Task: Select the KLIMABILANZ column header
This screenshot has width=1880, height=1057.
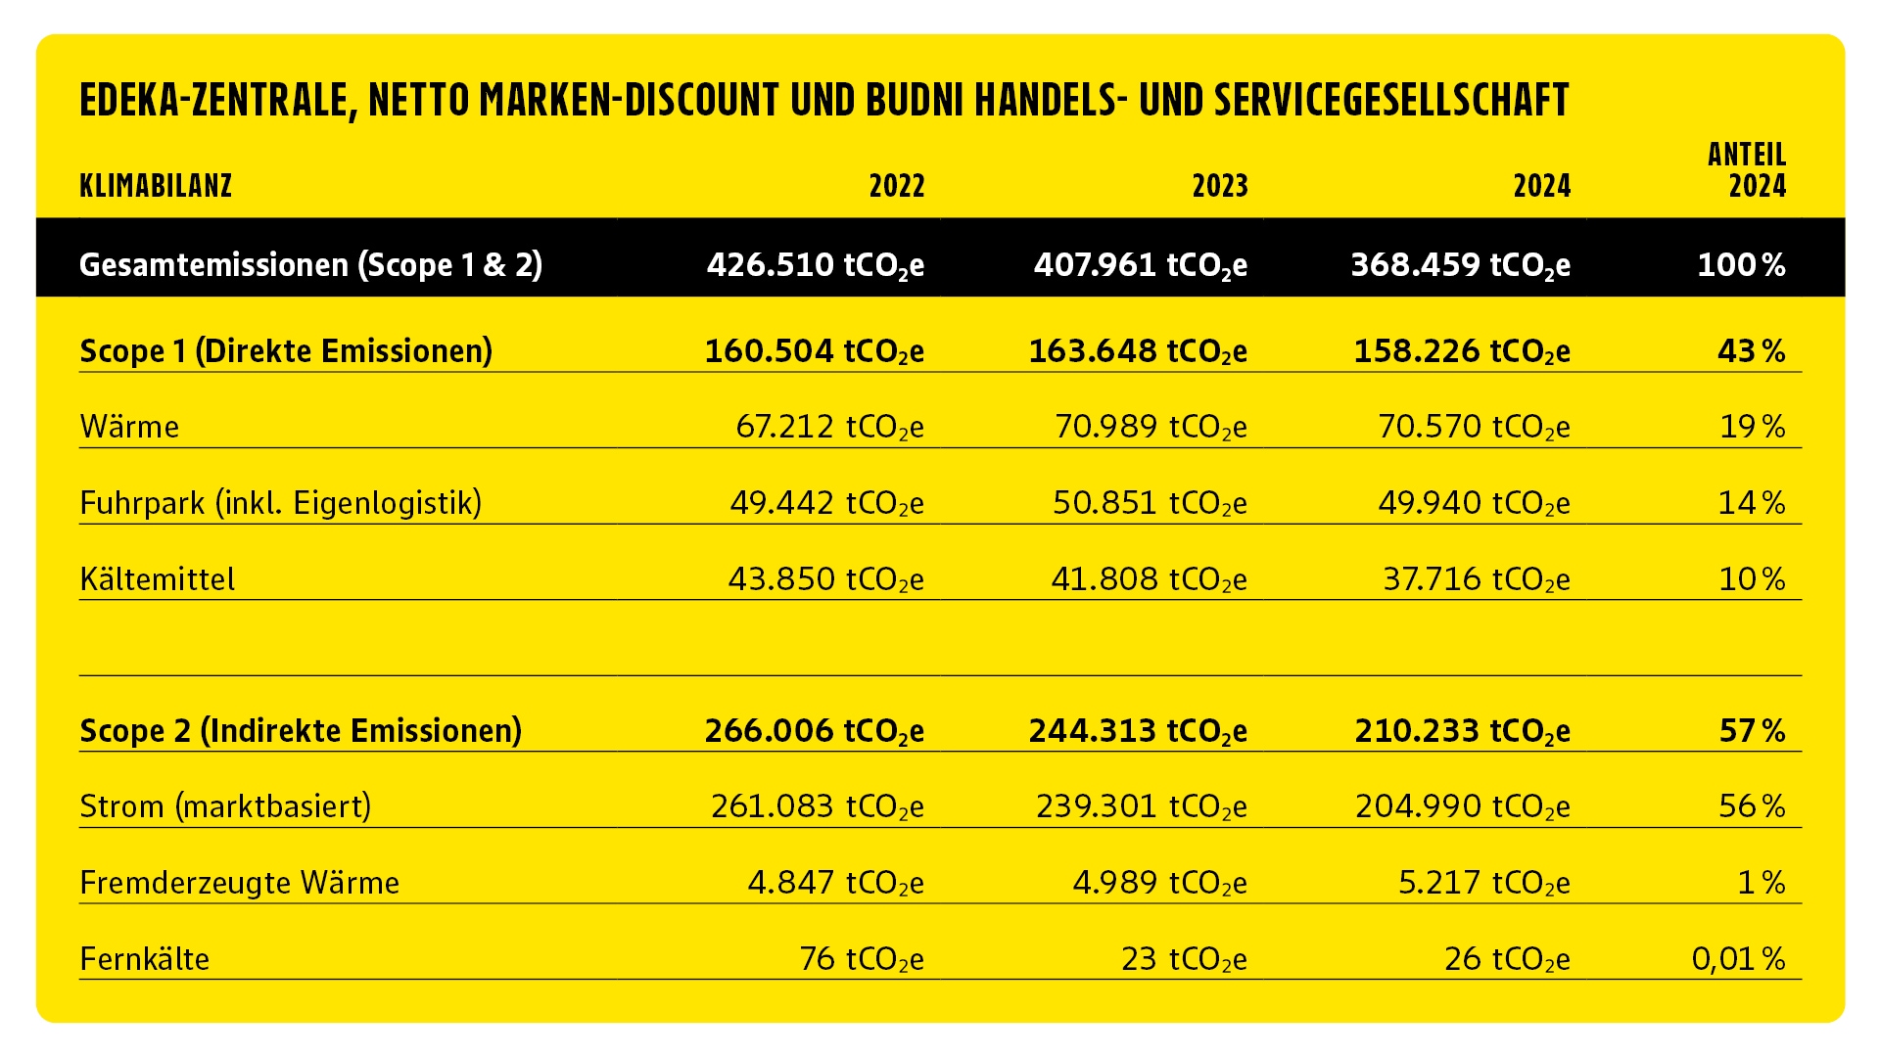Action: [156, 186]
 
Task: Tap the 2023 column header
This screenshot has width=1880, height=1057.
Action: [1220, 186]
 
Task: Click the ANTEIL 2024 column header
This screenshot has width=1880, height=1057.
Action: [1748, 170]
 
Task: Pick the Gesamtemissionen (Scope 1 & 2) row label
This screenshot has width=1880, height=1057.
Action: [311, 265]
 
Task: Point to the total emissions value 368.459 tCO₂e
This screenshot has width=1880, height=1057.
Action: [1461, 265]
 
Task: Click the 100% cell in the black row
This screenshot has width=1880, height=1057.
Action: [1742, 265]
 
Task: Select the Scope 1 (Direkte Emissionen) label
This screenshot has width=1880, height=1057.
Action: [286, 351]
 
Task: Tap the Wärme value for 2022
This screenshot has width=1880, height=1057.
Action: [829, 428]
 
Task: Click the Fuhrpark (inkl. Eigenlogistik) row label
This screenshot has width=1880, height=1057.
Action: [281, 503]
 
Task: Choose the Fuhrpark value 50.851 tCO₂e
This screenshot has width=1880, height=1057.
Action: [1150, 503]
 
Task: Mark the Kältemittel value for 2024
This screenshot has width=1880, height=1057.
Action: [1477, 579]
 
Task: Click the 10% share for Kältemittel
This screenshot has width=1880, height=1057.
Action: [1753, 579]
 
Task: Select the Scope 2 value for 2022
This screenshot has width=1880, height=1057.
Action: [815, 731]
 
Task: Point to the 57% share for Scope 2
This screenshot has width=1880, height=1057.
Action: [1753, 731]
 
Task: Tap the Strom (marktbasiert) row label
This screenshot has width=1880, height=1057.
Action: [225, 806]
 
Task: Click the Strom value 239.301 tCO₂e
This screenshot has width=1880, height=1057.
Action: [1142, 806]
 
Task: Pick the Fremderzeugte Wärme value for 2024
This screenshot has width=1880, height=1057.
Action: [1484, 883]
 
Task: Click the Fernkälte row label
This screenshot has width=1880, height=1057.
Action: [145, 959]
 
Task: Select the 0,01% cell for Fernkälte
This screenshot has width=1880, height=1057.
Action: [1739, 959]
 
